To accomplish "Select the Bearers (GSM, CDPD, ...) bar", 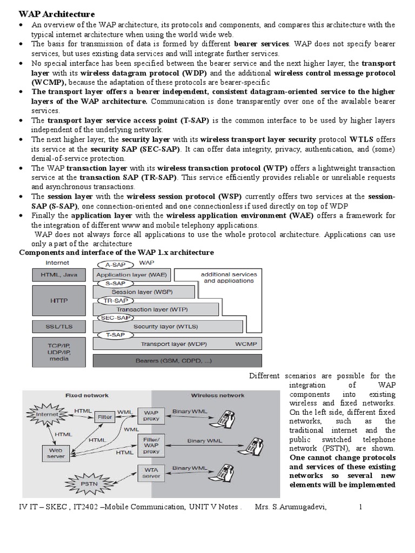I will click(177, 360).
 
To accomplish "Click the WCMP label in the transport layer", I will click(246, 343).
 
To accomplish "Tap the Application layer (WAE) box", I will click(131, 274).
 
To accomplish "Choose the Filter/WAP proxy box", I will click(151, 444).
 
